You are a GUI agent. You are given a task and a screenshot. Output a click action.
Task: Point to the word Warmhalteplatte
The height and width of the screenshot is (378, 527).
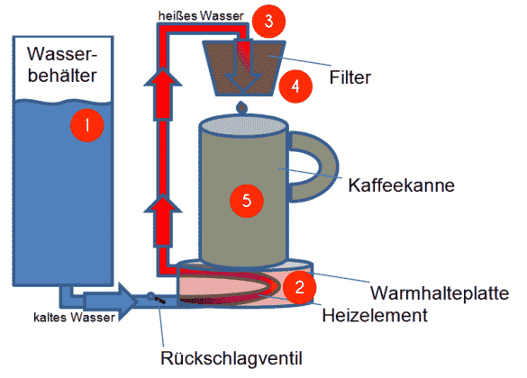coord(441,294)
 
